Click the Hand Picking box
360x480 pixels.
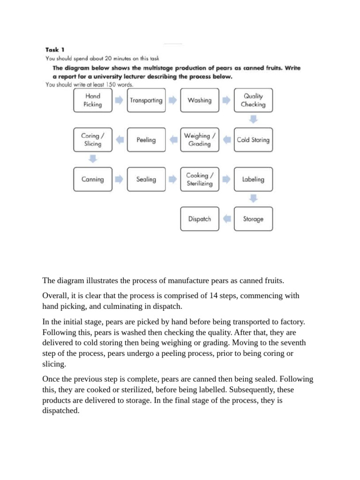(93, 100)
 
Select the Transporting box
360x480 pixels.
(146, 100)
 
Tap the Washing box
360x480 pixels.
(200, 100)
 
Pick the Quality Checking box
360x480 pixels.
(253, 100)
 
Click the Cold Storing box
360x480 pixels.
(253, 140)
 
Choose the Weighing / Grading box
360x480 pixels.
(200, 140)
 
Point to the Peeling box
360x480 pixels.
(146, 140)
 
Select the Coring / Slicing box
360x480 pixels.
(93, 140)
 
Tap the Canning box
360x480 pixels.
(93, 179)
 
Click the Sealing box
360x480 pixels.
(146, 179)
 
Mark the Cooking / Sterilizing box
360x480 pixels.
(200, 179)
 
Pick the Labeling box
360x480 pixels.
(253, 179)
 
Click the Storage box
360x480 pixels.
(253, 219)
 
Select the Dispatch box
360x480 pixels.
(200, 219)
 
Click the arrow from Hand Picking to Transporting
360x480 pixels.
(120, 100)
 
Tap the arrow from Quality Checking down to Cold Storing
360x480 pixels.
(253, 120)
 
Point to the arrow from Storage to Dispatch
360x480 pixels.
(226, 219)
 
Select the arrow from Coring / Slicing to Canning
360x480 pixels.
(93, 159)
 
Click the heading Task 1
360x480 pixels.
(55, 49)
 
